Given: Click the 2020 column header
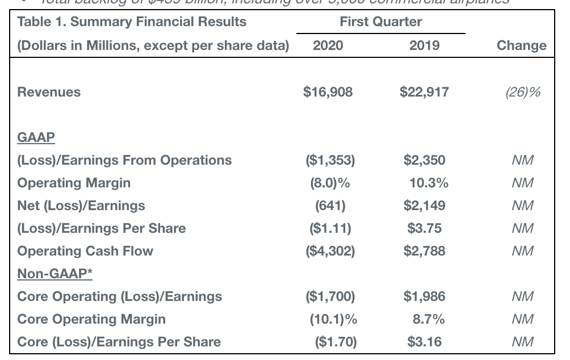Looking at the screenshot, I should point(328,46).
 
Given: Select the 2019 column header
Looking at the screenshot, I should point(424,46).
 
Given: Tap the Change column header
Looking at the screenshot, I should point(521,46).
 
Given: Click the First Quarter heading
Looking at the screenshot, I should point(380,22).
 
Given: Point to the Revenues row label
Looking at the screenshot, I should point(49,92).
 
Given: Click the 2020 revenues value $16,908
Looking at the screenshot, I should point(328,92).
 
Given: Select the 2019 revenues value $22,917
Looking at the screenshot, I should point(424,92).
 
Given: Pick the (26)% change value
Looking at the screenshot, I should point(522,92).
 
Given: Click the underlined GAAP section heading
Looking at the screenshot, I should point(36,137).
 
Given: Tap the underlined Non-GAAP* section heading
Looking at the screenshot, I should point(55,274).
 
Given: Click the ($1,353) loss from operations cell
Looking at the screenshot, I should point(330,160).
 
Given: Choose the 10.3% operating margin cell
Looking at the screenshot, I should point(429,183).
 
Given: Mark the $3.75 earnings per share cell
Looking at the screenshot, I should point(424,228).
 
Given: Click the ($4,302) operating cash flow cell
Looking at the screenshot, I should point(330,251).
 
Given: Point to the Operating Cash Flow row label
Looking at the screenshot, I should point(85,251).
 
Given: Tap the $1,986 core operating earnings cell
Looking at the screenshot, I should point(424,296).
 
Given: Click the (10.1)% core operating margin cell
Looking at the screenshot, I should point(333,319).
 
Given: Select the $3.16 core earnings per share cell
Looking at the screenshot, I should point(424,342).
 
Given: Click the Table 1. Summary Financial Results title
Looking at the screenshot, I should point(132,22).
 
